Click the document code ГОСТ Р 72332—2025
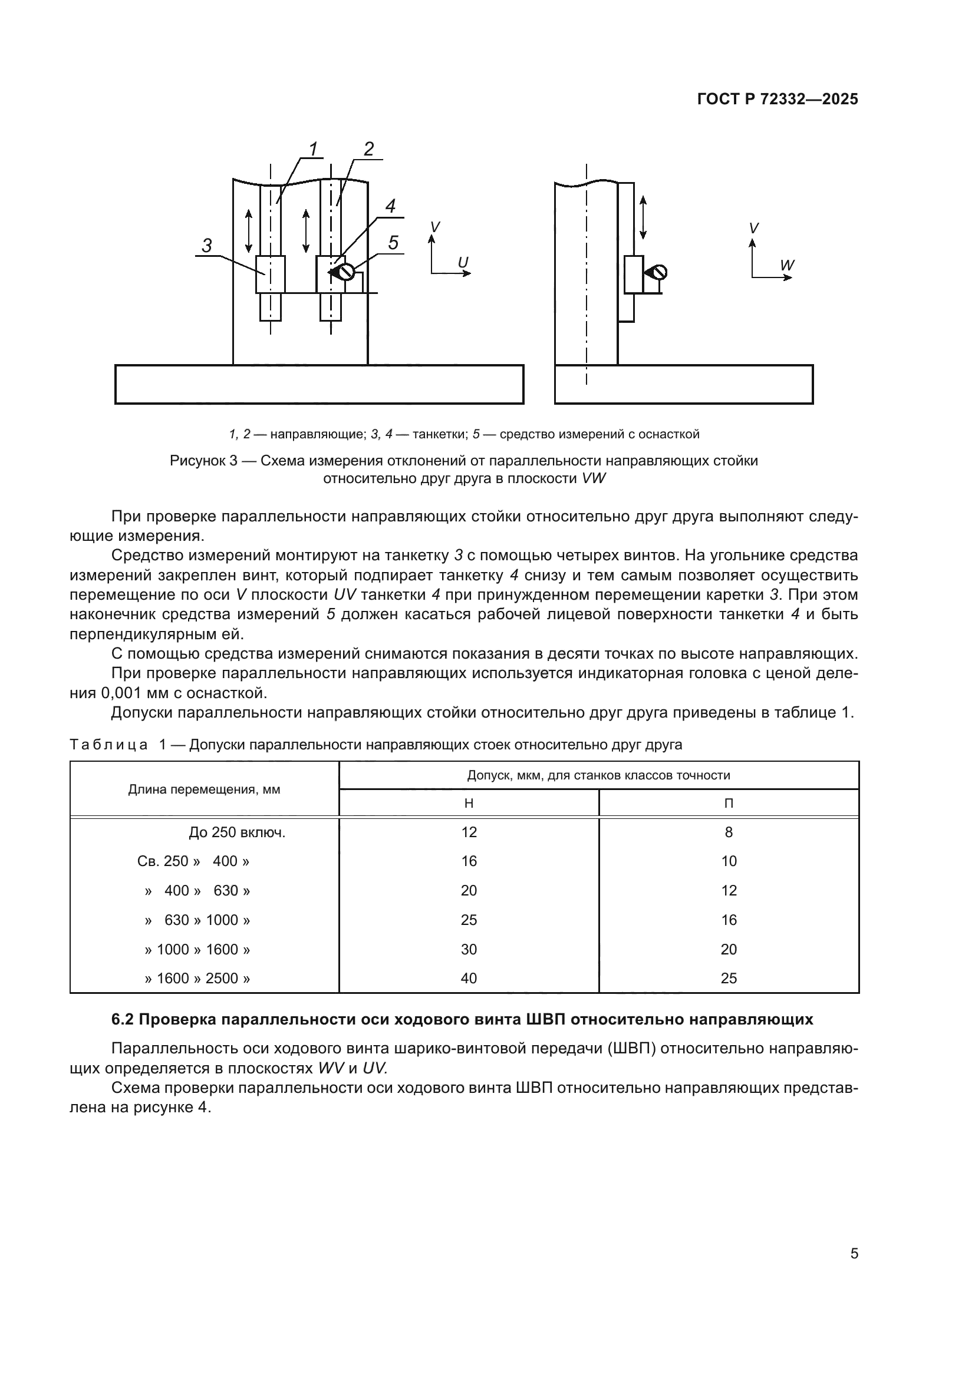778,100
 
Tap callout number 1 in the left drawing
313,148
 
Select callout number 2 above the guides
368,148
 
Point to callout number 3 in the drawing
206,246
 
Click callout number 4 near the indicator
390,206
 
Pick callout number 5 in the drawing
393,243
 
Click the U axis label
463,263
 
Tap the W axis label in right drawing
787,265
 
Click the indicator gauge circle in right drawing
659,273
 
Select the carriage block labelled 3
270,275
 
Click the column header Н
469,803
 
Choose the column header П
729,803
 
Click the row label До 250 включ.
236,832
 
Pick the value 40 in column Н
469,979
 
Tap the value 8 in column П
729,832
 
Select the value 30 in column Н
469,950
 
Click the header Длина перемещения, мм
204,789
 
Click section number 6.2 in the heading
124,1019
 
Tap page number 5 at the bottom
854,1254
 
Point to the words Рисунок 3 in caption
203,461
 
